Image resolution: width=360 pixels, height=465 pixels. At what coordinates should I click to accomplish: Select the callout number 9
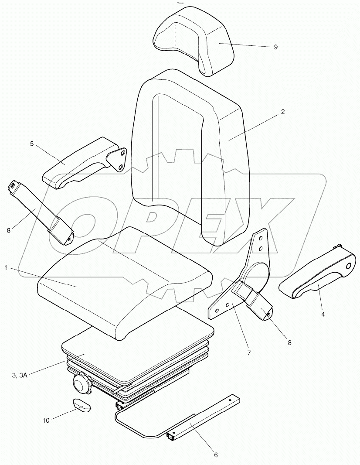point(275,47)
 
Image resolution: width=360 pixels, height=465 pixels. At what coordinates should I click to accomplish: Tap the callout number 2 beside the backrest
point(282,112)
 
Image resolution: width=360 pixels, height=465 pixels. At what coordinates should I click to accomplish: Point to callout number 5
point(32,143)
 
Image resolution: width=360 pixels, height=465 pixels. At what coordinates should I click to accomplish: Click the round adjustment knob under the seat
point(82,384)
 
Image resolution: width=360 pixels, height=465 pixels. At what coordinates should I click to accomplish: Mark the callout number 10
point(46,421)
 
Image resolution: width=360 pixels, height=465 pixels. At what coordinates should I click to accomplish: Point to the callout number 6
point(215,455)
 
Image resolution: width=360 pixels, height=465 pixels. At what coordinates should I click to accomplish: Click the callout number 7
point(249,353)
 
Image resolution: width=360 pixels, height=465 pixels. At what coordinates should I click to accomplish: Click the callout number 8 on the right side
point(289,343)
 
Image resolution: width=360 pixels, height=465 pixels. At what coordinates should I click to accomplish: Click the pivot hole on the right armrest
point(348,266)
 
